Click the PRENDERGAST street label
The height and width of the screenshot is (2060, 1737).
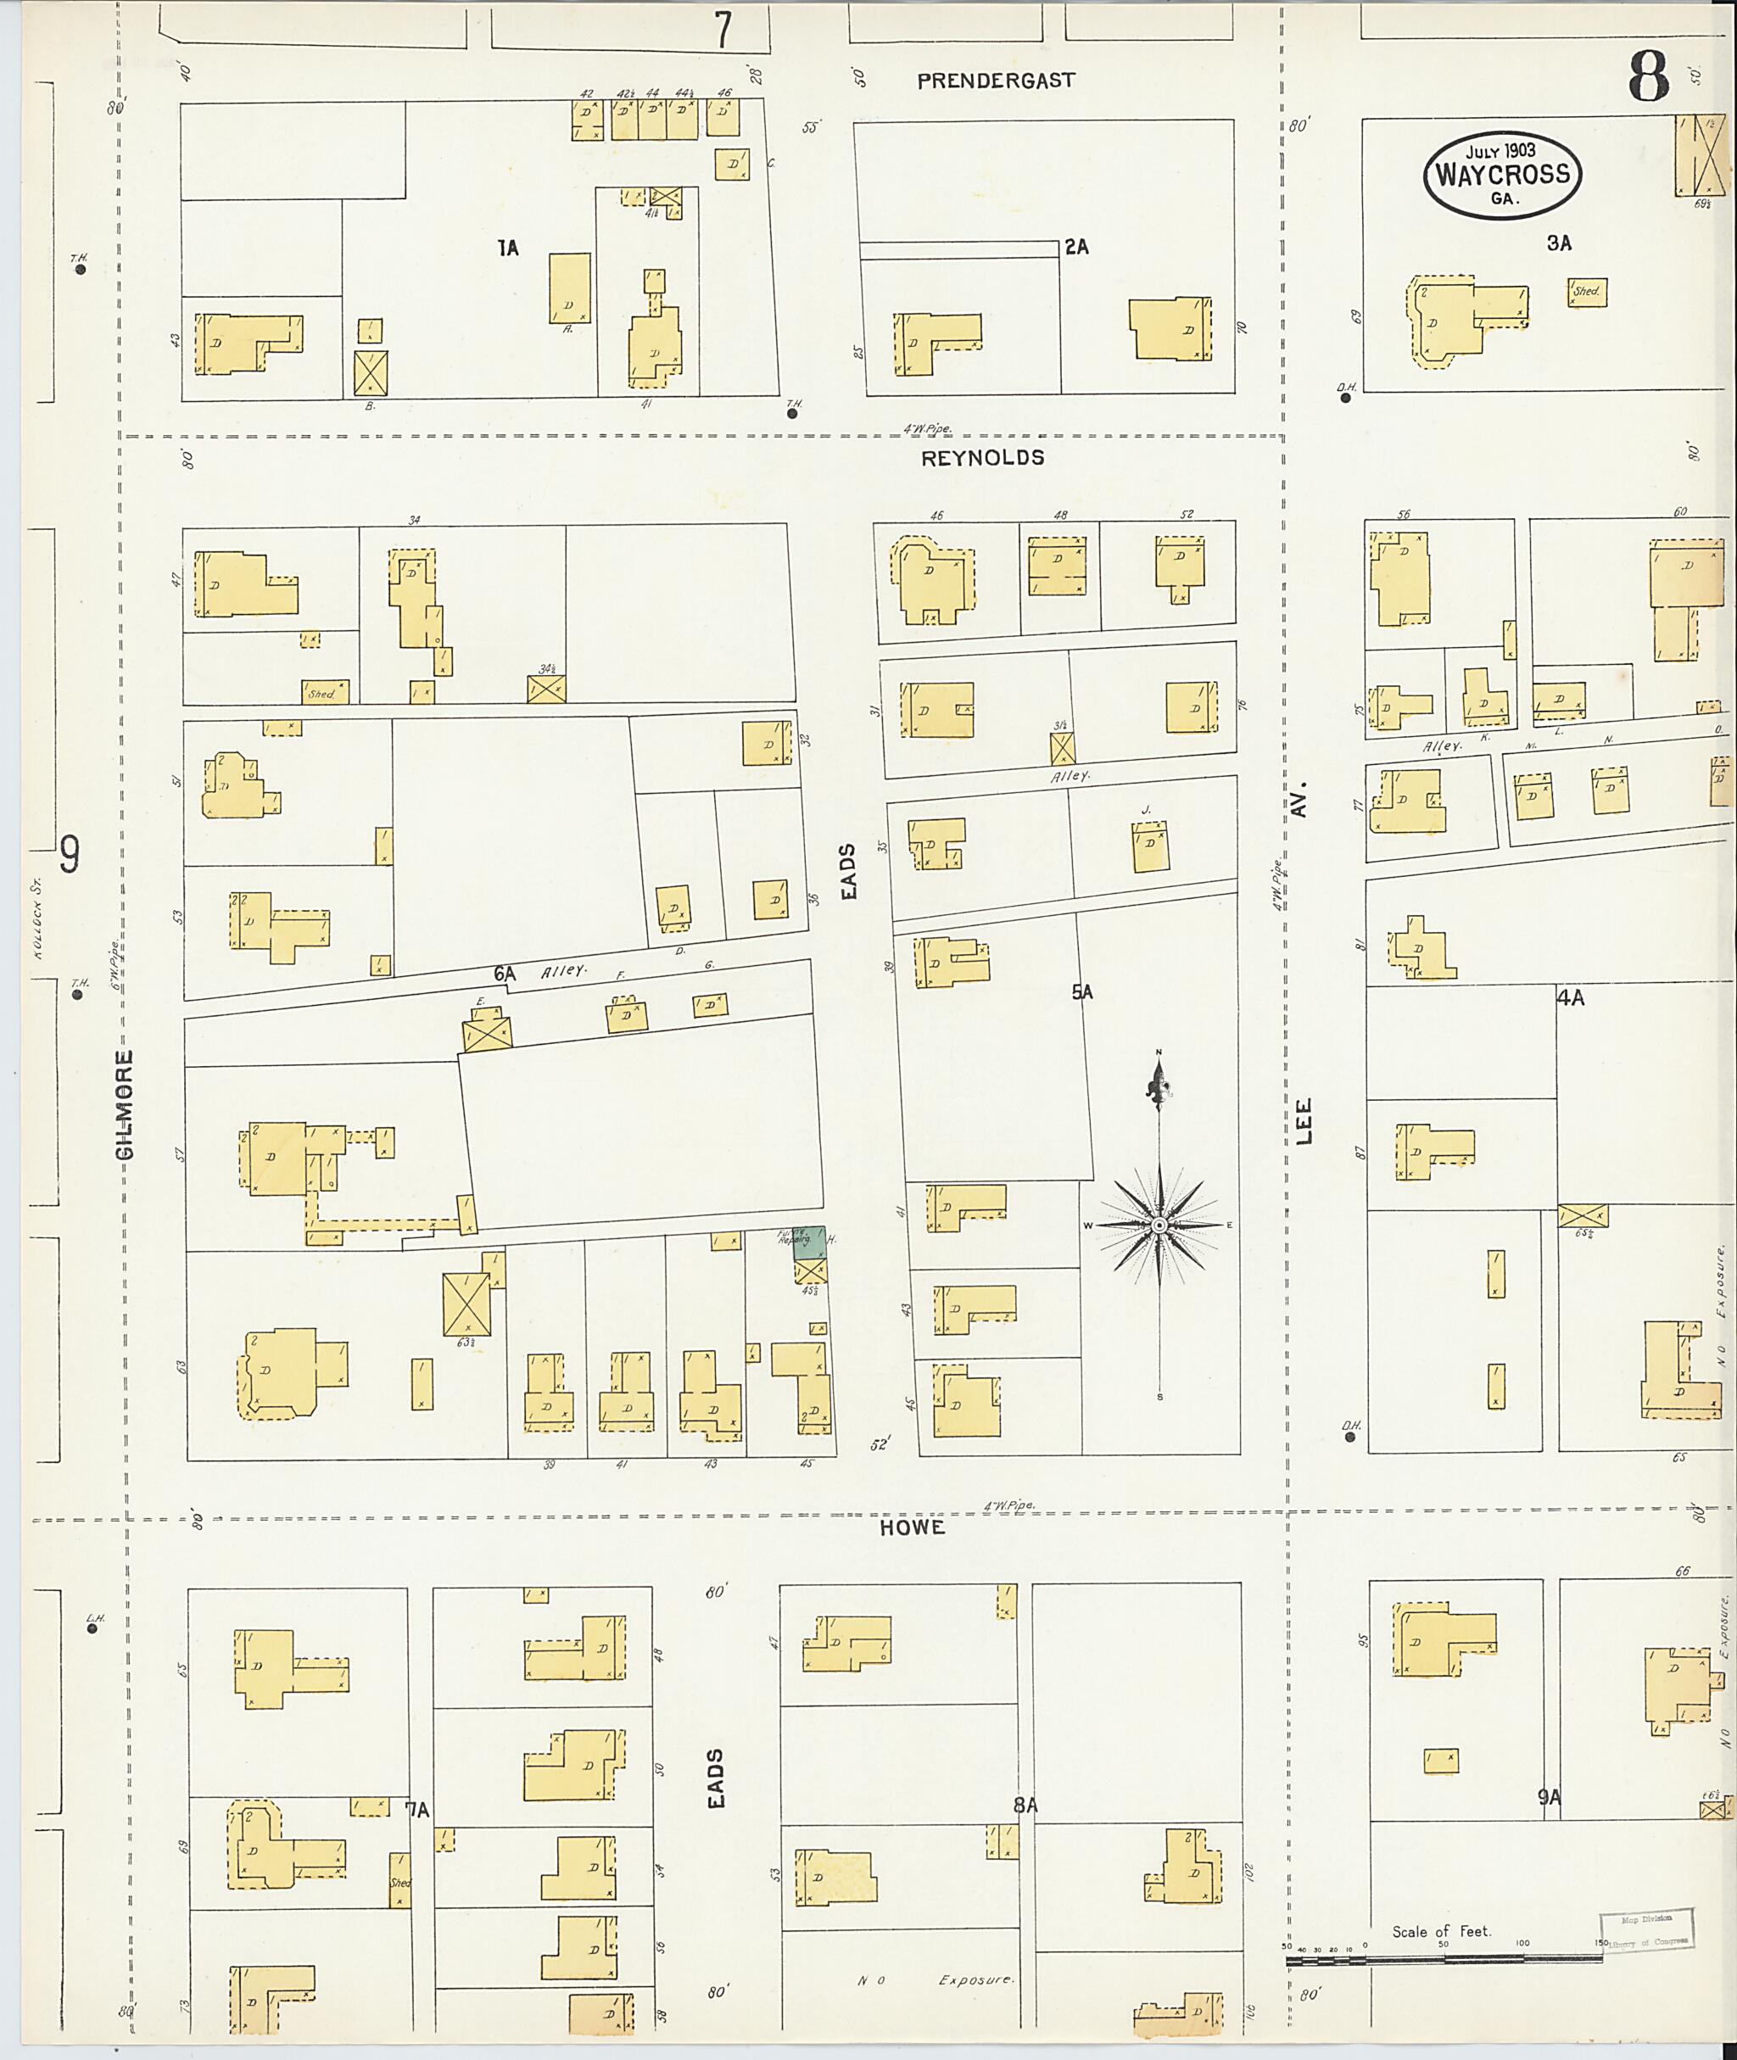point(996,81)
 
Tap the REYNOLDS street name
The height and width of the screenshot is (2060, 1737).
point(982,458)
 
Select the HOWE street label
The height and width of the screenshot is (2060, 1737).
point(912,1527)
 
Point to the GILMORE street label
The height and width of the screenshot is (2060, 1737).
point(124,1105)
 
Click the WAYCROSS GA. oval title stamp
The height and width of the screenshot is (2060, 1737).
point(1502,176)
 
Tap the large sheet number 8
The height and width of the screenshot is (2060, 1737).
point(1649,77)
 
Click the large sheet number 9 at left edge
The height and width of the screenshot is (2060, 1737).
point(69,854)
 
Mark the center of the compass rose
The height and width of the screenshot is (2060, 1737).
point(1159,1225)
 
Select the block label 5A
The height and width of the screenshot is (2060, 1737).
point(1082,992)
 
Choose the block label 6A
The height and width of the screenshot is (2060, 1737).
point(504,974)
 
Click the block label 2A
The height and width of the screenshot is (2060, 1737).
point(1076,247)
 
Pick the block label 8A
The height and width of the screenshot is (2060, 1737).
point(1025,1805)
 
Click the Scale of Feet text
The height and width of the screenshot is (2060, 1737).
point(1441,1931)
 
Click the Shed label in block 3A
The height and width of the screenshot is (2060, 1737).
point(1586,293)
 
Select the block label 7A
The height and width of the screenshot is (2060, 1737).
point(417,1810)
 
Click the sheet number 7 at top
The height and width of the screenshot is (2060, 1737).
point(723,30)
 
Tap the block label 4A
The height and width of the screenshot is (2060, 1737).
point(1570,997)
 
